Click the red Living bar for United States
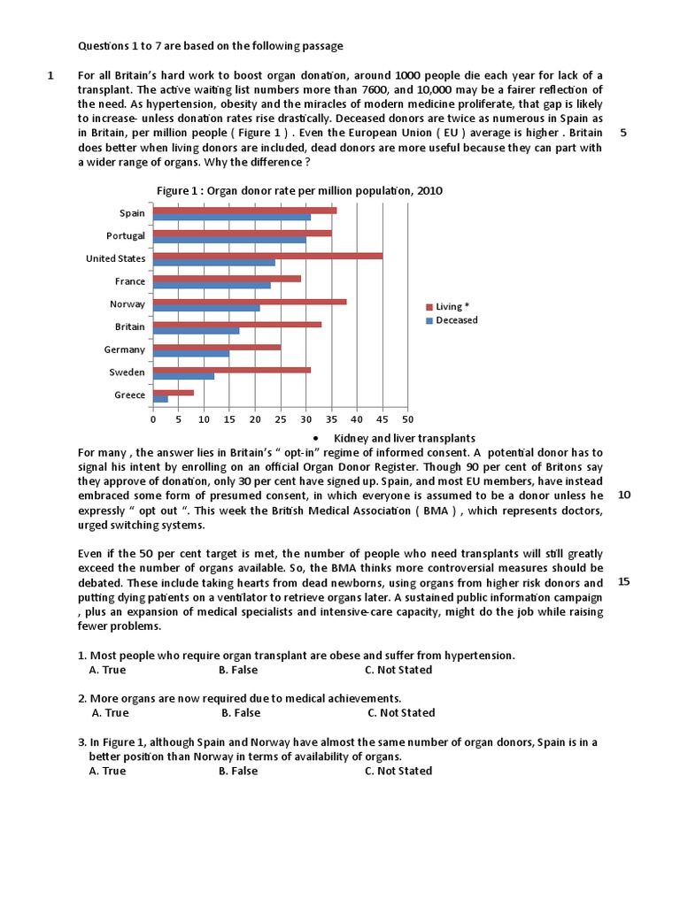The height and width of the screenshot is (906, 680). pos(267,256)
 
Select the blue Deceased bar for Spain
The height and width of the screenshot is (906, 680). pos(232,217)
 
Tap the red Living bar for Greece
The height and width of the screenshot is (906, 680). pos(174,392)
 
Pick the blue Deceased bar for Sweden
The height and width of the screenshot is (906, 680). pos(183,376)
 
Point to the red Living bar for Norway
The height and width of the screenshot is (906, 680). pos(250,302)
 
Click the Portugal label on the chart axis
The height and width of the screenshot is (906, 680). pos(125,236)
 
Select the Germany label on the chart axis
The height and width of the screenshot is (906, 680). pos(124,349)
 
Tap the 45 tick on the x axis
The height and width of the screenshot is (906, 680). pos(382,419)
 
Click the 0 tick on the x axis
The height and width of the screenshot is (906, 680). pos(153,419)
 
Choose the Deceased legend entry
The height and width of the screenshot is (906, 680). pos(457,320)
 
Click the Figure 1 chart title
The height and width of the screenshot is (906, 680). pos(299,190)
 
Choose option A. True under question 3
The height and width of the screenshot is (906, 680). pos(107,771)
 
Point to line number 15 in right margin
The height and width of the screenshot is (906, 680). pos(623,581)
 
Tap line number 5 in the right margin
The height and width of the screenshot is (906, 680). pos(623,133)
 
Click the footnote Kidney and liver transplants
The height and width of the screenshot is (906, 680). pos(404,438)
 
